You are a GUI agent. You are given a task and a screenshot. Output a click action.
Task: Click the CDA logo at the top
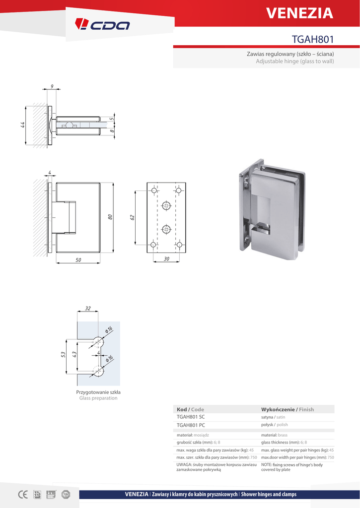tap(102, 24)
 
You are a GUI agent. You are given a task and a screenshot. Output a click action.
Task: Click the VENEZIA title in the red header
tap(300, 13)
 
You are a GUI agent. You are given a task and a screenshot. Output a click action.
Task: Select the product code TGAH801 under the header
tap(313, 39)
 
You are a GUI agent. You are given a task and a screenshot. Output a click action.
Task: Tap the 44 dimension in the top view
tap(23, 125)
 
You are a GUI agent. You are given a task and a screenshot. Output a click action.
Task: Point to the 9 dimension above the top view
tap(52, 86)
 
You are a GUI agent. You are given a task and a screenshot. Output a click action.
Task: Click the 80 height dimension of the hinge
tap(110, 217)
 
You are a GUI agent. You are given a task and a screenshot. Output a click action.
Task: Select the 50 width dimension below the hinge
tap(78, 260)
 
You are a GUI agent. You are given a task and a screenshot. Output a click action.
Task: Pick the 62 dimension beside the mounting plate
tap(132, 217)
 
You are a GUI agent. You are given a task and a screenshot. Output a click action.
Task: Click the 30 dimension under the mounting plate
tap(166, 259)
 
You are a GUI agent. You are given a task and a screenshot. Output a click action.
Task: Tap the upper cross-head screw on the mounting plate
tap(166, 205)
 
